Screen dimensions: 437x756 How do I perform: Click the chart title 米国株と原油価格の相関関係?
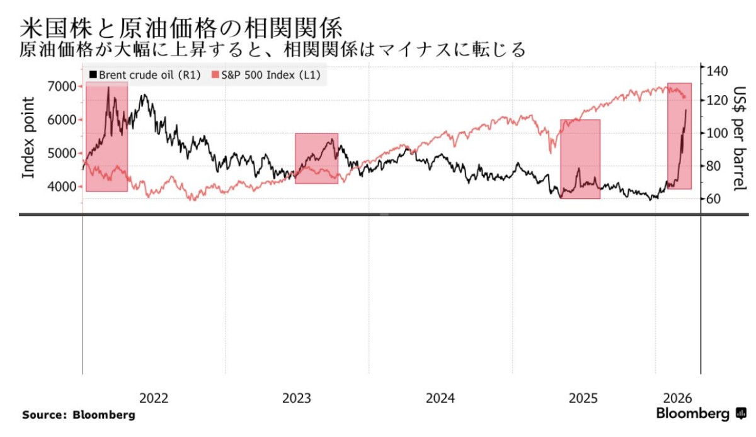(x=181, y=27)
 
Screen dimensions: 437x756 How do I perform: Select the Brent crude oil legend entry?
(x=146, y=75)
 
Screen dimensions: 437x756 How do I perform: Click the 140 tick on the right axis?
(x=718, y=70)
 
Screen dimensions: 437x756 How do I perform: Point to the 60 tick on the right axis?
(x=714, y=200)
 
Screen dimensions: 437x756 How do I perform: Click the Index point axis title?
(x=28, y=137)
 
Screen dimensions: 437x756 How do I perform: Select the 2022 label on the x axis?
(x=154, y=398)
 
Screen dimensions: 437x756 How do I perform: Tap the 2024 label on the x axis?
(x=440, y=398)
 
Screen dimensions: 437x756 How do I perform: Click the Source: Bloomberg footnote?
(x=79, y=416)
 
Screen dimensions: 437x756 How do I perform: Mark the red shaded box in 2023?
(x=317, y=158)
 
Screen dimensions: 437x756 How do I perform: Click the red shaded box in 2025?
(x=580, y=159)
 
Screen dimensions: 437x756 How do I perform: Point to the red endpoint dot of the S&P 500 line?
(x=685, y=96)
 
